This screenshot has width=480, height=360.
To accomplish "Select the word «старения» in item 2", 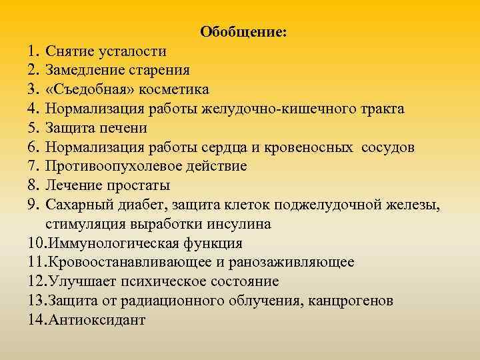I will click(x=159, y=70).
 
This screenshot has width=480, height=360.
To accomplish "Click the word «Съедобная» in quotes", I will click(x=85, y=89).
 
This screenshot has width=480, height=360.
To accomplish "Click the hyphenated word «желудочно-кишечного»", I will click(x=277, y=109).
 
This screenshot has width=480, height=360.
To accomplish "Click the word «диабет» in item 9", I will click(x=143, y=204).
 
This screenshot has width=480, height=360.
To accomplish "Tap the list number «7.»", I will click(x=35, y=166).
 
